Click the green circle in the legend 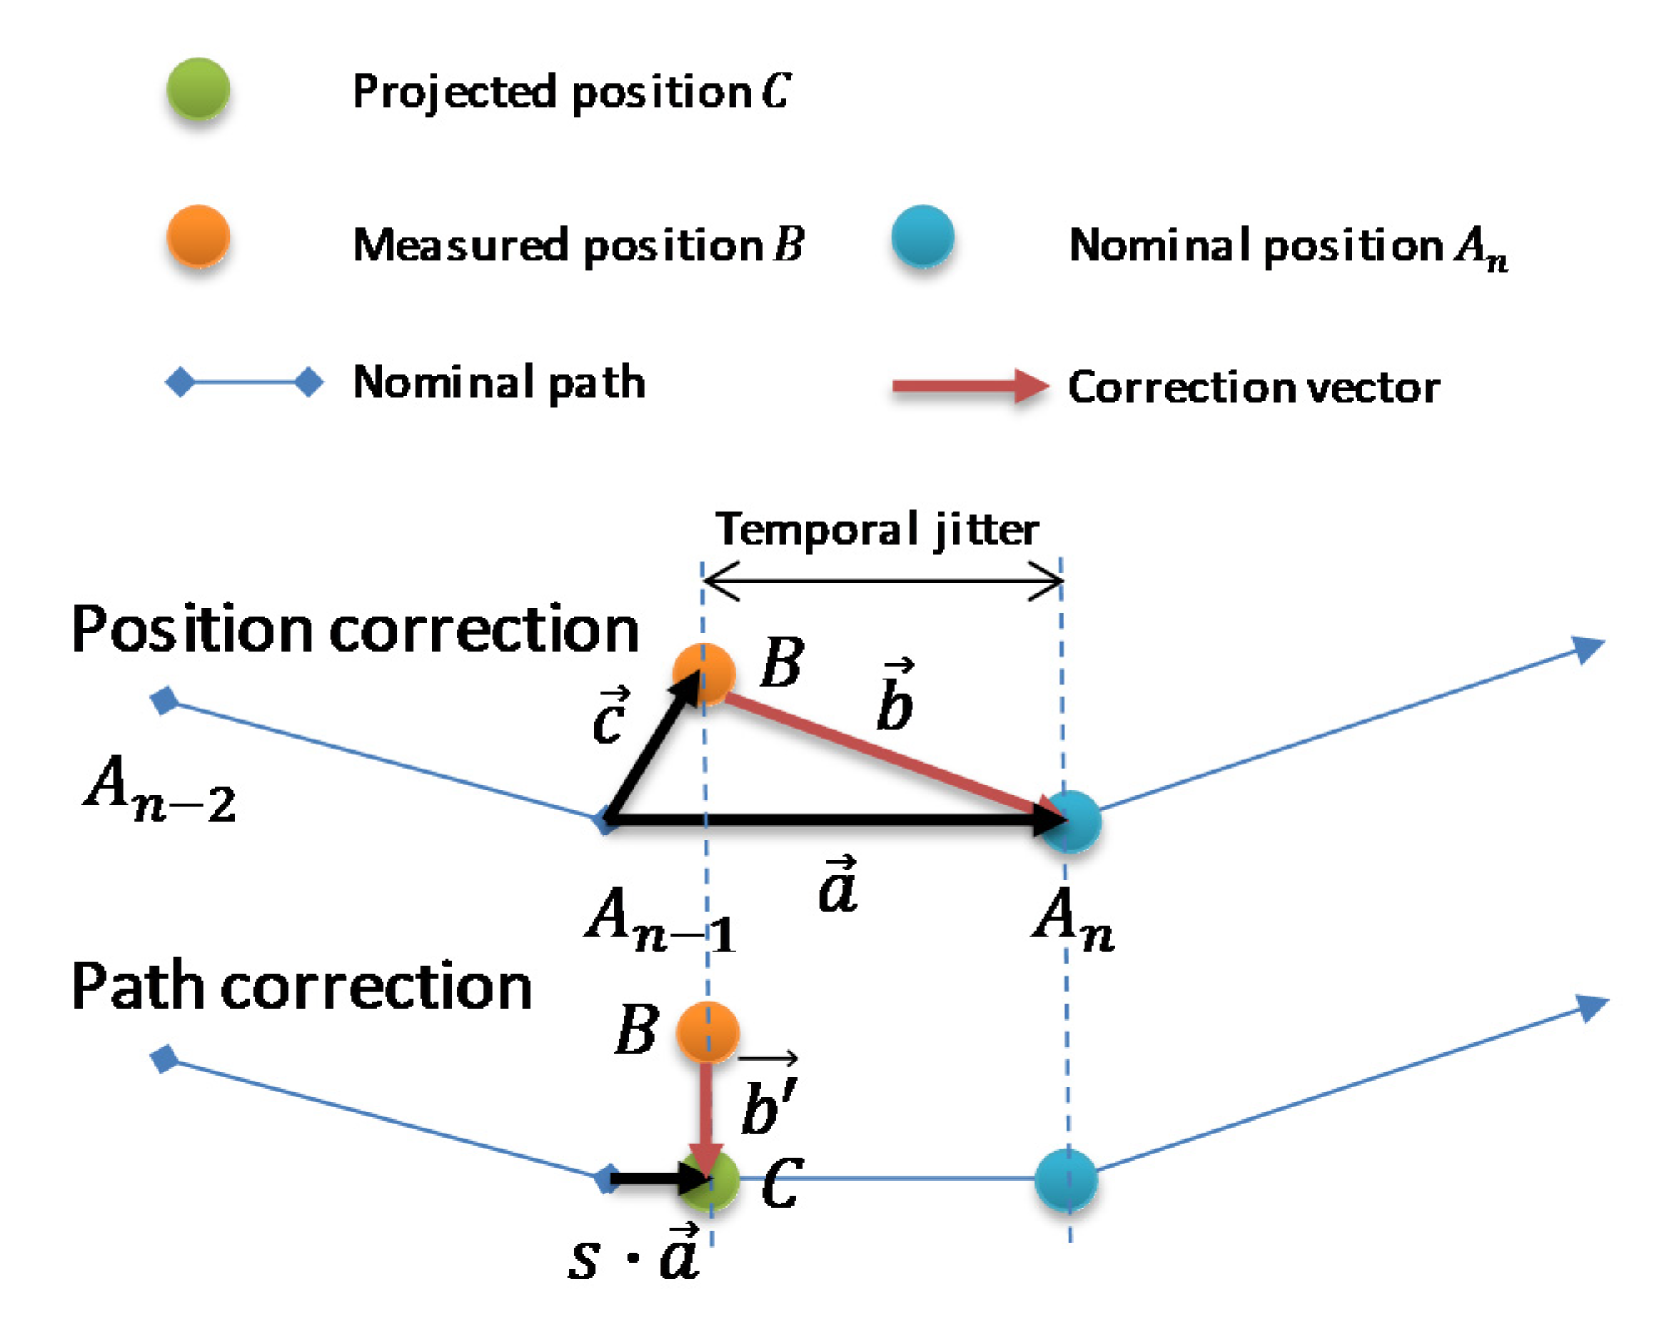pos(198,88)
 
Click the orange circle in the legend pos(198,236)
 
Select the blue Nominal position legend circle pos(922,236)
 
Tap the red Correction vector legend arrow pos(968,386)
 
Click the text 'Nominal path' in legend pos(498,383)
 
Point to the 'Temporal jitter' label pos(877,529)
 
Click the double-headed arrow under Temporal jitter pos(882,580)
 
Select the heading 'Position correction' pos(355,629)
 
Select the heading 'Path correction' pos(301,986)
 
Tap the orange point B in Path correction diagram pos(707,1032)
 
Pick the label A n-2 pos(159,790)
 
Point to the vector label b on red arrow pos(895,696)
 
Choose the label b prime pos(768,1097)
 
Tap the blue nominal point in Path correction pos(1065,1179)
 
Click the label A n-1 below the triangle pos(660,920)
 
